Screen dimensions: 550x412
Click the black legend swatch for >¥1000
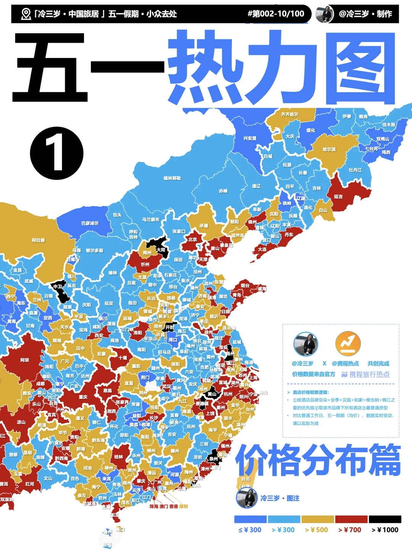click(385, 519)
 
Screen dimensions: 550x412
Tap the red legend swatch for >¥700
click(351, 519)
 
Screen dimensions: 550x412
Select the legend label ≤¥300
click(250, 530)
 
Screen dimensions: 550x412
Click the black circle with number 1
click(56, 153)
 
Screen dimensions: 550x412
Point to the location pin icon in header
click(26, 14)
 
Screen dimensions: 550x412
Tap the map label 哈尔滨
click(329, 149)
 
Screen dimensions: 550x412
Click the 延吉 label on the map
click(338, 197)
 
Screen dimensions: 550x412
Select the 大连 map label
click(262, 249)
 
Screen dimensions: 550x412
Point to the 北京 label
click(192, 240)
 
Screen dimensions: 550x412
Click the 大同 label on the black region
click(161, 250)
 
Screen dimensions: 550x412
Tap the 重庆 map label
click(83, 397)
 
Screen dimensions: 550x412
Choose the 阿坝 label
click(24, 360)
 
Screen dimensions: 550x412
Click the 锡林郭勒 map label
click(172, 178)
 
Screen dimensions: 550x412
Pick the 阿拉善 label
click(38, 240)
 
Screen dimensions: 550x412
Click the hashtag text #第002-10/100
click(276, 14)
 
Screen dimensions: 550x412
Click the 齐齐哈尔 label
click(290, 114)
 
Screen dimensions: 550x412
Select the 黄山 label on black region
click(212, 394)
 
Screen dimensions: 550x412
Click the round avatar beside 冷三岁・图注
click(246, 498)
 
